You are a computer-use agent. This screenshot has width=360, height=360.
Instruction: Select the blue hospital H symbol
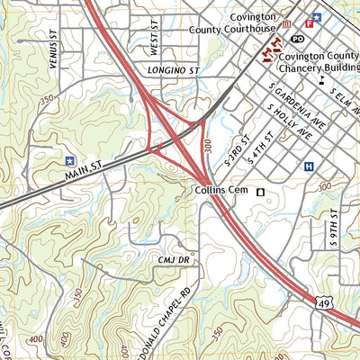tap(310, 166)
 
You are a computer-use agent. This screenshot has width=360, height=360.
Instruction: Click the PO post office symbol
tap(298, 40)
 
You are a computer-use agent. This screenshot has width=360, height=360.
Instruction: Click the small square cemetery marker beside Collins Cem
tap(261, 192)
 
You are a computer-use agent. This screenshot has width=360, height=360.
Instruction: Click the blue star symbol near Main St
tap(69, 160)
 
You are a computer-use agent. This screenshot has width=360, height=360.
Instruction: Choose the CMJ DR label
tap(172, 259)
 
